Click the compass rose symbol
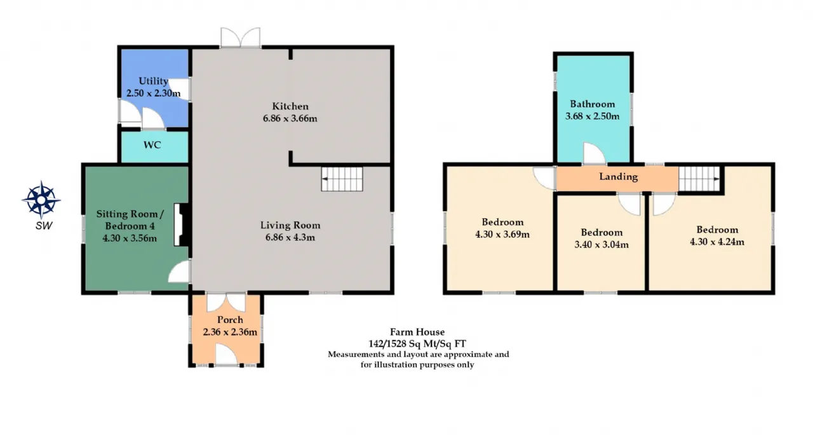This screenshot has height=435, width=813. (x=41, y=200)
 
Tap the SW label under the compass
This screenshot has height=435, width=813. (x=44, y=226)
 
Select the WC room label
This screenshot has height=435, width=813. (x=152, y=145)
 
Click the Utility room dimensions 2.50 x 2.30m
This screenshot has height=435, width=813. (x=153, y=93)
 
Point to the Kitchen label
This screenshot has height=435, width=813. (x=290, y=106)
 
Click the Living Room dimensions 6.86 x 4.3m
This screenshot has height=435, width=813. (x=290, y=237)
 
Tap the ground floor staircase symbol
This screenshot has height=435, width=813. (x=342, y=179)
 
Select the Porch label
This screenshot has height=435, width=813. (x=230, y=320)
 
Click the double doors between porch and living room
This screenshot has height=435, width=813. (x=226, y=302)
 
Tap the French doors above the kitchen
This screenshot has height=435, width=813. (x=240, y=37)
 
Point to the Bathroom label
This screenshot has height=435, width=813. (x=593, y=104)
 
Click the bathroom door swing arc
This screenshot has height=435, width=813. (x=594, y=153)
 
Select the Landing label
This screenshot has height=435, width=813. (x=618, y=177)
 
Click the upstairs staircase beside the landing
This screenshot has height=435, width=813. (x=699, y=179)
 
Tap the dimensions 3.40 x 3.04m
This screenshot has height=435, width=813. (x=601, y=245)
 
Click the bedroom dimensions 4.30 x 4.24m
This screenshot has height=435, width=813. (x=717, y=242)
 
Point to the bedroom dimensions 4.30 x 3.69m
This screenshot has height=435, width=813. (x=502, y=234)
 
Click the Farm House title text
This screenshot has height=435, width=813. (x=417, y=332)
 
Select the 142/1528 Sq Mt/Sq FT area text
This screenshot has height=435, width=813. (x=417, y=343)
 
